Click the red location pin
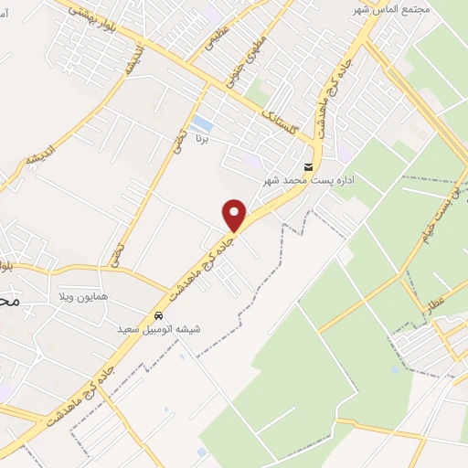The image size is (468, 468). [x=235, y=215]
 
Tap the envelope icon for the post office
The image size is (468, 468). [x=308, y=166]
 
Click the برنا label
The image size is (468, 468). [x=207, y=140]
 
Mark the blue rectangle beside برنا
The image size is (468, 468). [x=202, y=122]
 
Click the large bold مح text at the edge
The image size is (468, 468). [x=9, y=300]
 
